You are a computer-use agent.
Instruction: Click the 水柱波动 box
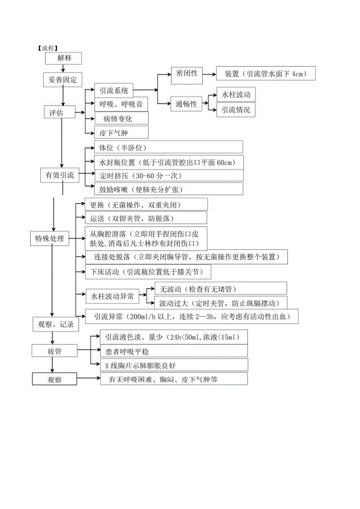236,95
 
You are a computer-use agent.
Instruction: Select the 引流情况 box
236,110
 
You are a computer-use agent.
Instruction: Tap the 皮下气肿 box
121,133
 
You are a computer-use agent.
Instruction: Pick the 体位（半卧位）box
168,147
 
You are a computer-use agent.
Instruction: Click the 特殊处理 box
50,238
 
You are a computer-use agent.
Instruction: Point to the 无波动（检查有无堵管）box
221,289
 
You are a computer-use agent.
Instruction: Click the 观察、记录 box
53,324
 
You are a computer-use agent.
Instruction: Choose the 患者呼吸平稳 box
174,351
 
